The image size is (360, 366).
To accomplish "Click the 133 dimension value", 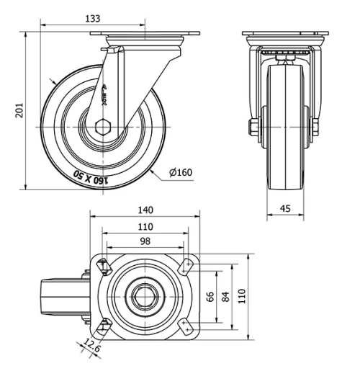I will pos(92,17).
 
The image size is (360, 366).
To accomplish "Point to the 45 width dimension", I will pos(286,210).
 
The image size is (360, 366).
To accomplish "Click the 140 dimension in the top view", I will pos(145,210).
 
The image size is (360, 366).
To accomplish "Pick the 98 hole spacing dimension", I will pos(145,241).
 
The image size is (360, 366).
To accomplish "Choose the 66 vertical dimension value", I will pos(210,297).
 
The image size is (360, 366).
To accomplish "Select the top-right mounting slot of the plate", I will pos(189,266).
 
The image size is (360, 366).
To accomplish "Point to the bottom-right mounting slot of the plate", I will pos(189,326).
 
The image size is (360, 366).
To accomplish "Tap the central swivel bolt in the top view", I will pos(145,296).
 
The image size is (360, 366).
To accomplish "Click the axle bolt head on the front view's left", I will pos(253,128).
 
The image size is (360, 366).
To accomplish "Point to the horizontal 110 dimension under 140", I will pos(145,227).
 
